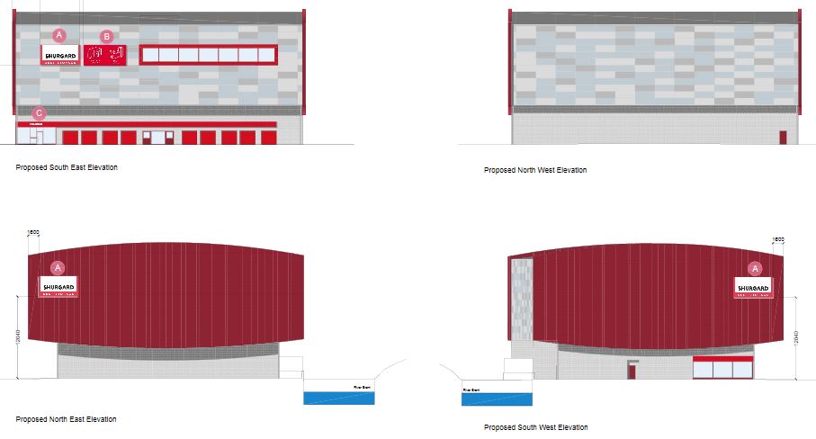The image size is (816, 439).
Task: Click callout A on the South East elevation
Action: [59, 35]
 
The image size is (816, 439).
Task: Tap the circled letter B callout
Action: [107, 37]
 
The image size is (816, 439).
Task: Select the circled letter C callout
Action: [39, 113]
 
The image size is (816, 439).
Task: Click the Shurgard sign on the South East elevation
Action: [61, 55]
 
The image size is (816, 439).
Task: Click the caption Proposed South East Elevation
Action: [67, 167]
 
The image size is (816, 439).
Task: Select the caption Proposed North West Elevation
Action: [535, 170]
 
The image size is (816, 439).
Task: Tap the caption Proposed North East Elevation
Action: [66, 419]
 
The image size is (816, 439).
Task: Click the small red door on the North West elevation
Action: [783, 138]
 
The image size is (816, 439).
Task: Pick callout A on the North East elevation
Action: [58, 267]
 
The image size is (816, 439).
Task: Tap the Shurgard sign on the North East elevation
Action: [58, 288]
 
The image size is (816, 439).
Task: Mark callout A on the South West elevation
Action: [755, 268]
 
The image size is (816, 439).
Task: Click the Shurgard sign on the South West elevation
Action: [753, 288]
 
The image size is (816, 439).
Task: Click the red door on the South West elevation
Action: [632, 371]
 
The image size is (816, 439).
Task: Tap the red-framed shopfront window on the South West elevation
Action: [722, 367]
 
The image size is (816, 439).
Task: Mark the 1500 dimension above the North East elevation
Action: [34, 232]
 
